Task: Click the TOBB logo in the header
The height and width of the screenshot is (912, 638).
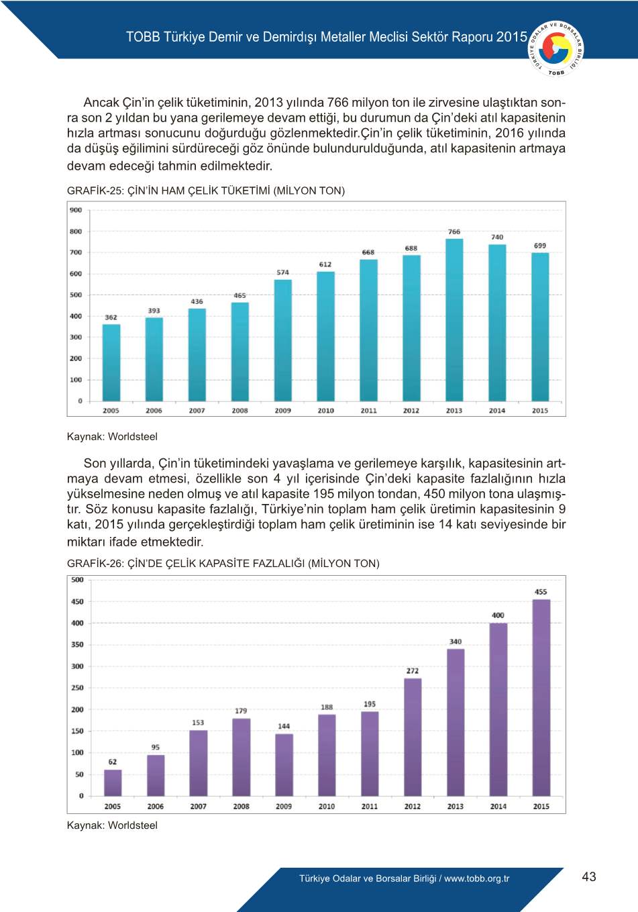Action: click(556, 48)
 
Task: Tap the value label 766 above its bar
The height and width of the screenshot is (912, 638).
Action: click(454, 232)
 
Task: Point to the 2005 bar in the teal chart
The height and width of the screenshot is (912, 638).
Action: click(111, 362)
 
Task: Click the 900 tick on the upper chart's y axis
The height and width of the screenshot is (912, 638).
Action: click(76, 211)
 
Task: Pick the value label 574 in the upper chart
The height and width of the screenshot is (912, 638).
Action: click(283, 272)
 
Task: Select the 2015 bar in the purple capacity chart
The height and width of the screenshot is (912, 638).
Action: click(541, 698)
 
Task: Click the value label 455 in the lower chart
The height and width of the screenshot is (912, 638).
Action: click(541, 592)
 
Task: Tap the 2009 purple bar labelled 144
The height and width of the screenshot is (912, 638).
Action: click(284, 765)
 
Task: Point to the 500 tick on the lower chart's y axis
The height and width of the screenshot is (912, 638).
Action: click(78, 580)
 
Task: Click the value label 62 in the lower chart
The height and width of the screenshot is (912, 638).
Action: click(113, 762)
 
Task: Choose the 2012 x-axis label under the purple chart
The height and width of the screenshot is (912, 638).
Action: click(413, 807)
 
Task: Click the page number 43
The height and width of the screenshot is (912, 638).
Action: click(589, 877)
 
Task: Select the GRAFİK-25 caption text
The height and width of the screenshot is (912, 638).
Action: click(206, 191)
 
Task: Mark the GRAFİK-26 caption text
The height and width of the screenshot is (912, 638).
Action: click(223, 564)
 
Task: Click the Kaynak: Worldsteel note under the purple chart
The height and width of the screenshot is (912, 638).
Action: click(112, 825)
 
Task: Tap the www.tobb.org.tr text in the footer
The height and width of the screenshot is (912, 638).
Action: click(476, 878)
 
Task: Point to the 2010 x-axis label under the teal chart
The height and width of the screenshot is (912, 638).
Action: click(326, 411)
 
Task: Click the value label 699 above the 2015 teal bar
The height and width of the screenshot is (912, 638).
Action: click(540, 246)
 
